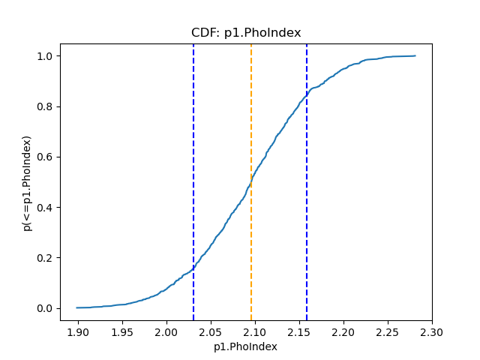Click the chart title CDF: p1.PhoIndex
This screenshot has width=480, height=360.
click(246, 32)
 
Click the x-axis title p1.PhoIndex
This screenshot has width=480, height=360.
click(246, 346)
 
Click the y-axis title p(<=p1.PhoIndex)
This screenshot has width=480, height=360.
click(27, 183)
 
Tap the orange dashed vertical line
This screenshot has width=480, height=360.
click(251, 112)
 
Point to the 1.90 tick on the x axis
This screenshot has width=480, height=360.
click(78, 331)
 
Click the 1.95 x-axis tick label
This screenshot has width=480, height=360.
click(122, 331)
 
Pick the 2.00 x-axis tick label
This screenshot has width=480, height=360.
click(166, 331)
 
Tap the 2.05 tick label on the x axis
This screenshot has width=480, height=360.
click(211, 331)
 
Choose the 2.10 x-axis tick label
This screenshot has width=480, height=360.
click(255, 331)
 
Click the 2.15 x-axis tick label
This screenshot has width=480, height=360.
click(299, 331)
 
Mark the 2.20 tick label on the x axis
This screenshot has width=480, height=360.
click(343, 331)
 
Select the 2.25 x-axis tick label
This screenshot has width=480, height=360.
click(388, 331)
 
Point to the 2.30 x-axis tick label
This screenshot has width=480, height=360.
click(432, 331)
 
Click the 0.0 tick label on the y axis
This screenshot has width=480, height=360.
click(46, 308)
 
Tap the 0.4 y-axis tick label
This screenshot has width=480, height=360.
click(46, 208)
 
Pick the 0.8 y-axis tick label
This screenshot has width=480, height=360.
click(46, 106)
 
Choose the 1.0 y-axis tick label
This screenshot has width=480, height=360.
click(46, 56)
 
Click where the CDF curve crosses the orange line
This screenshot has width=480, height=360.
click(251, 181)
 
